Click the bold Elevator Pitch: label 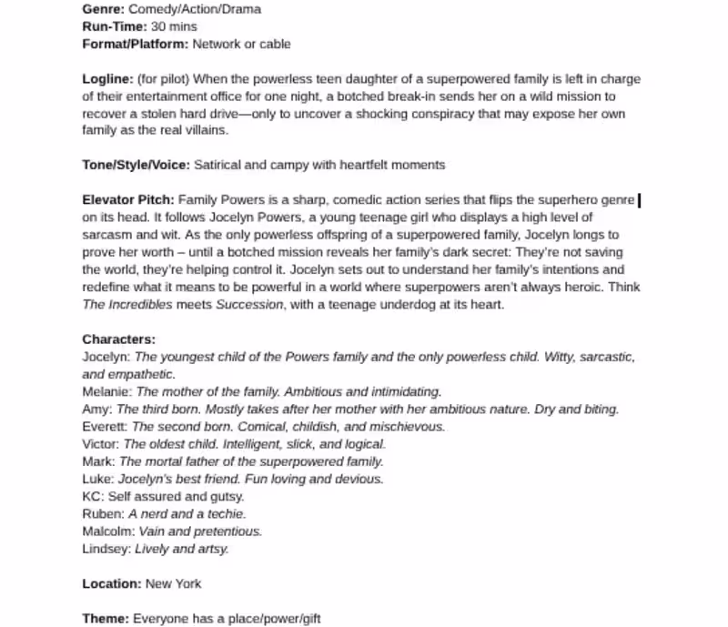click(128, 200)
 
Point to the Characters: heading click(119, 339)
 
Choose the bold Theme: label click(106, 619)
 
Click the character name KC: click(93, 497)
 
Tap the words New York click(174, 583)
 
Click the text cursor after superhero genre click(640, 200)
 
